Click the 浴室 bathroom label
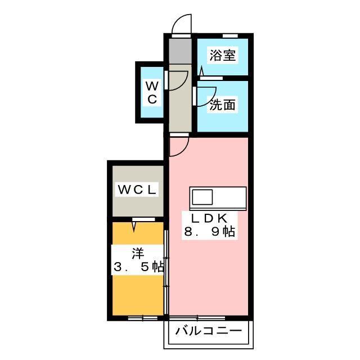point(223,55)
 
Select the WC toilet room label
point(152,93)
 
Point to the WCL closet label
point(137,190)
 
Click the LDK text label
point(209,218)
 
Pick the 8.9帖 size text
point(209,232)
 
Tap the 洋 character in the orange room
point(137,254)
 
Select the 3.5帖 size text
point(139,267)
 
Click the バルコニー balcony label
point(209,331)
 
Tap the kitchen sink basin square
point(202,197)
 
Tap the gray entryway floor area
point(180,51)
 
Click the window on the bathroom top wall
point(230,36)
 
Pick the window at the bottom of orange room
point(142,318)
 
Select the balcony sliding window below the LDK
point(197,318)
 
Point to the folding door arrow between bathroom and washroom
point(202,71)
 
